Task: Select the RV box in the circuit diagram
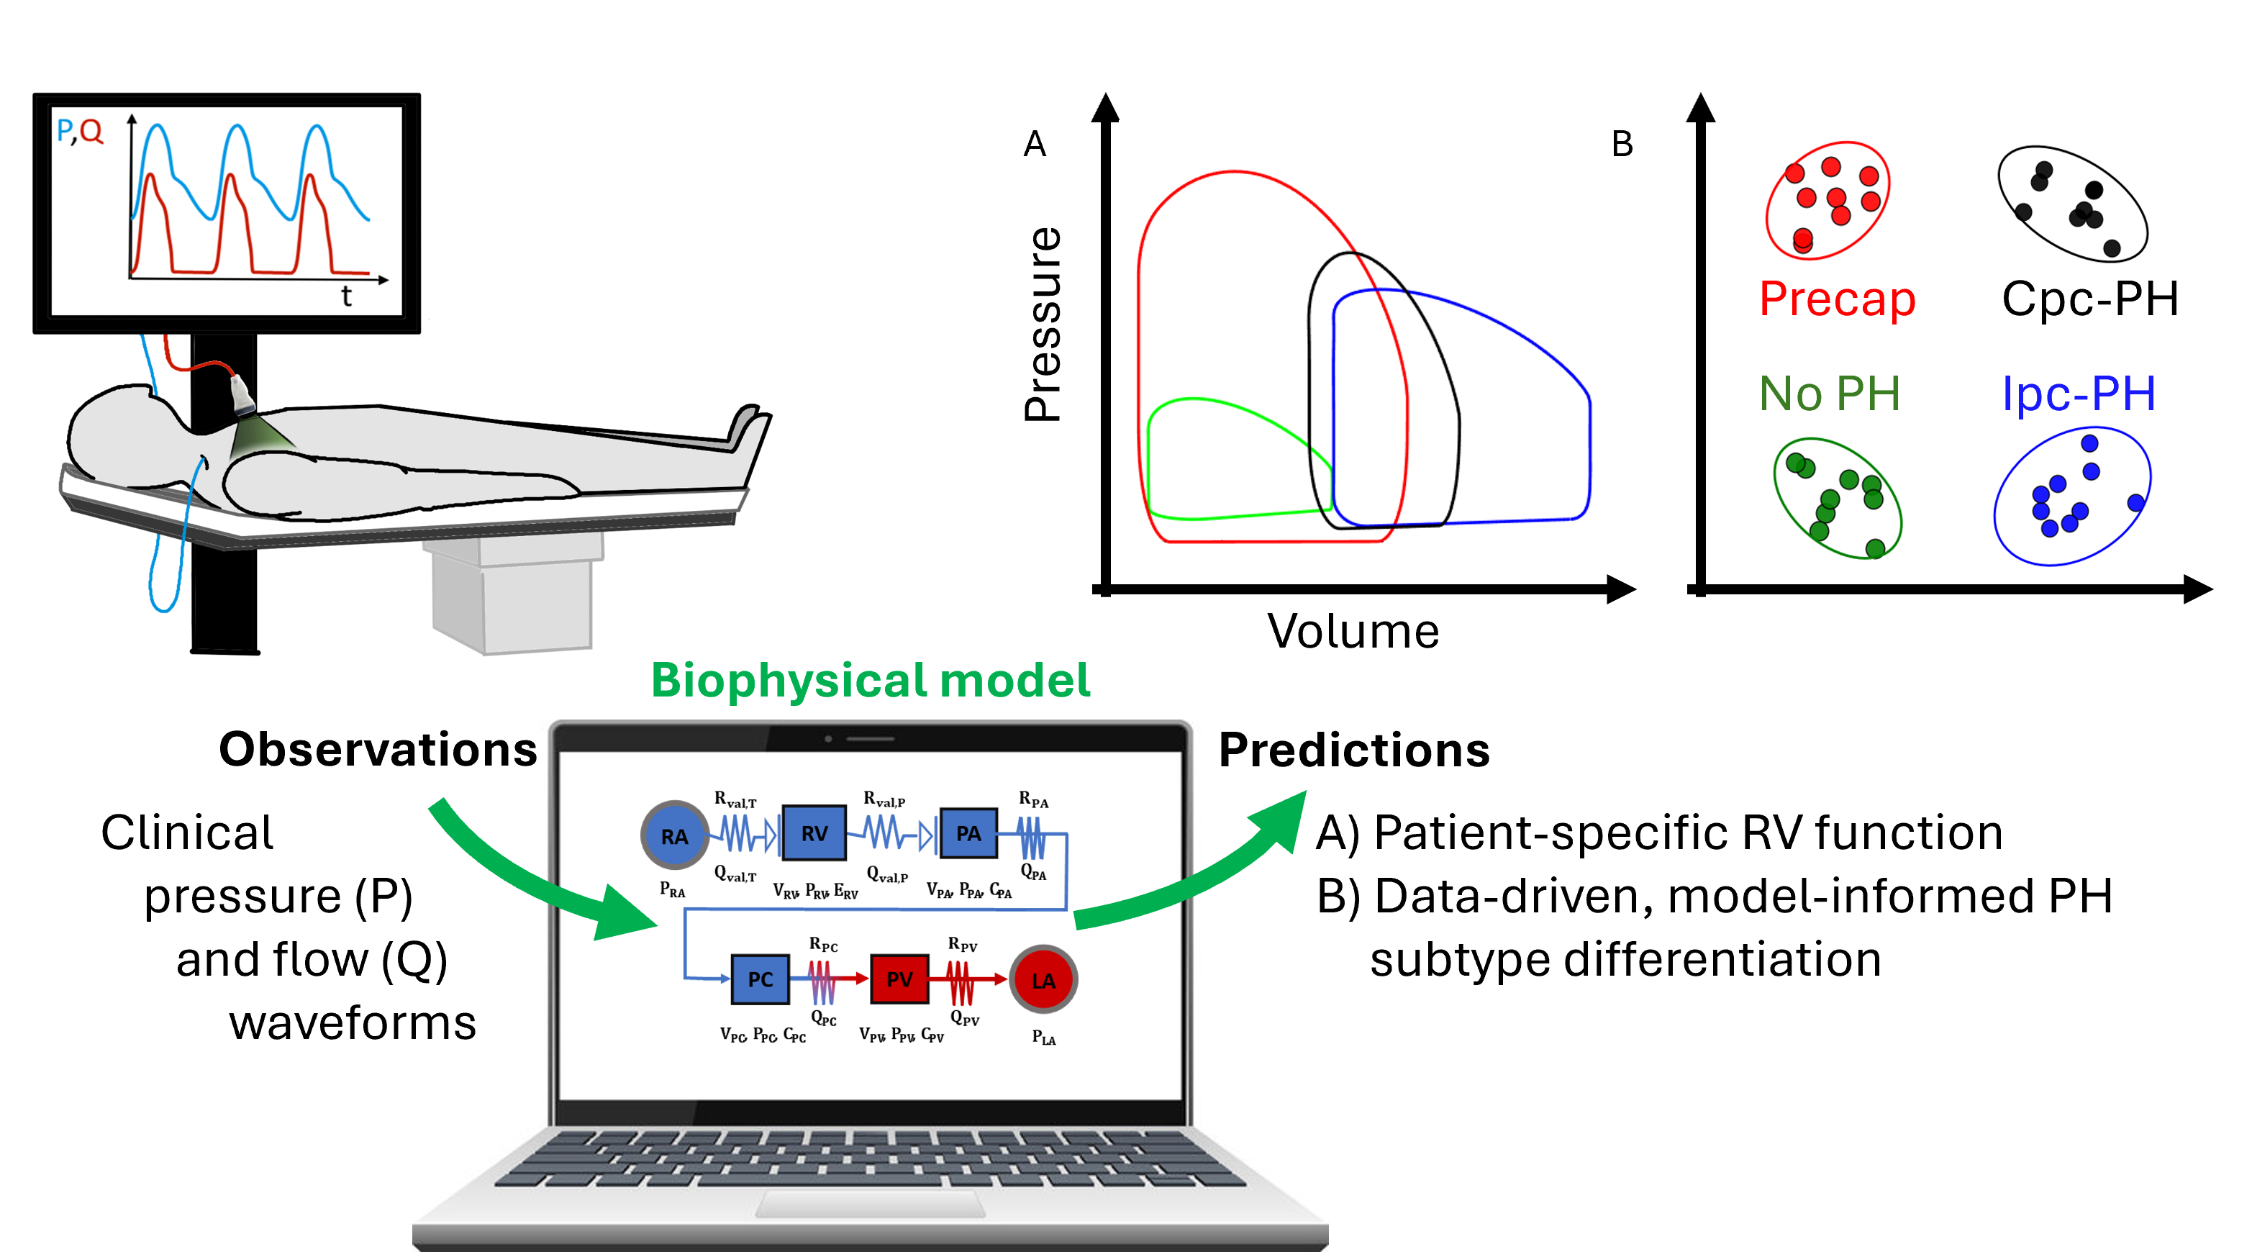(x=814, y=833)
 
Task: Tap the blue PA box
(x=968, y=833)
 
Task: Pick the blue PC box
(x=760, y=979)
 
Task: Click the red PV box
(x=899, y=979)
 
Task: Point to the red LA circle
(x=1043, y=980)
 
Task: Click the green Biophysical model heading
(x=871, y=680)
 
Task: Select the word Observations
(x=378, y=749)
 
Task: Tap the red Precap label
(x=1837, y=299)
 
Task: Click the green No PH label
(x=1830, y=394)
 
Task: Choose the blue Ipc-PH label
(x=2078, y=394)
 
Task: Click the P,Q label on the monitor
(x=80, y=131)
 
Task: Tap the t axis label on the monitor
(x=346, y=297)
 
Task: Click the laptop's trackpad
(x=871, y=1204)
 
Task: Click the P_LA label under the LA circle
(x=1044, y=1038)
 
